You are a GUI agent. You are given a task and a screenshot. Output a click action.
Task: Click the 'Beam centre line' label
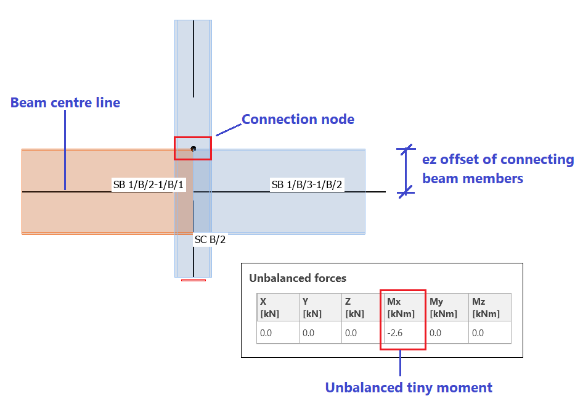[65, 103]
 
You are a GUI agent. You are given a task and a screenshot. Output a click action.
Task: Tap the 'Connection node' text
[298, 120]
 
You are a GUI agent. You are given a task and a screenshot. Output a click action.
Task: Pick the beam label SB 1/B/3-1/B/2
[307, 184]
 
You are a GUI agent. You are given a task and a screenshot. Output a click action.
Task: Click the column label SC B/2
[210, 239]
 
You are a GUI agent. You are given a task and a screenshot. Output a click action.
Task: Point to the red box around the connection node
[193, 149]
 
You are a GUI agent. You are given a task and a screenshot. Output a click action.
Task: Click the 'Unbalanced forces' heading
[298, 278]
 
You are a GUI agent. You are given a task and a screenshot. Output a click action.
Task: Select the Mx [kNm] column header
[402, 307]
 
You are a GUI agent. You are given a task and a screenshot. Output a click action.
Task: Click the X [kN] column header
[270, 307]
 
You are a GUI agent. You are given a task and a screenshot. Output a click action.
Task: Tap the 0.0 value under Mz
[478, 333]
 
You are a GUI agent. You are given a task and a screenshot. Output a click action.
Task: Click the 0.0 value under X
[266, 333]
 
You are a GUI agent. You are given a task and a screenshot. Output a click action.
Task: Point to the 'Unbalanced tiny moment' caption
[409, 388]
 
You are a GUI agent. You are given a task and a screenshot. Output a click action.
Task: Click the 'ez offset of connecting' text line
[498, 160]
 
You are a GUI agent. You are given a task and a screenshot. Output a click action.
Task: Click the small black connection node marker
[194, 149]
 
